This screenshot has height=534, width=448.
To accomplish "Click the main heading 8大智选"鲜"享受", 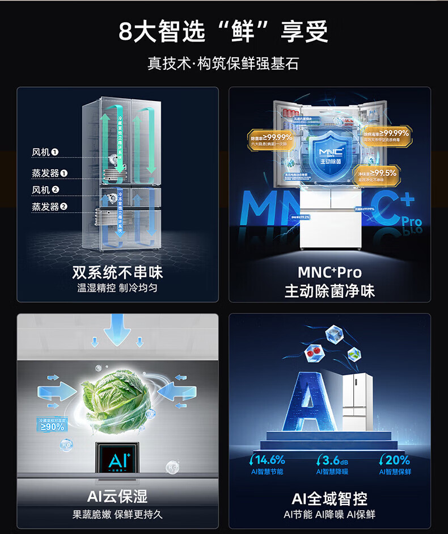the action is coord(223,32).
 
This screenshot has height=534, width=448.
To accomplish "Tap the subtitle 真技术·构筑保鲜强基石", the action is coord(223,63).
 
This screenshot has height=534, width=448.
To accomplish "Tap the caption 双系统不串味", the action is coord(117,272).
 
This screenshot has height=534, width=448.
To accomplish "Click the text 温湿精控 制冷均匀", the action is coord(117,288).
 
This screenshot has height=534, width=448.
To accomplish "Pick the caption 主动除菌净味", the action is coord(329,291).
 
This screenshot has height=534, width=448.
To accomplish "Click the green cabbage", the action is coord(113,398).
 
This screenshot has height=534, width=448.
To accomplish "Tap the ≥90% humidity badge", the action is coord(52,424).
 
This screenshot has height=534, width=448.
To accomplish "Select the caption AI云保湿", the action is coord(117,497).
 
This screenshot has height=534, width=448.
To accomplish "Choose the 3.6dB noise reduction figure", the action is coord(332,460).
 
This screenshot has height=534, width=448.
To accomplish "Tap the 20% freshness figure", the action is coord(395,460).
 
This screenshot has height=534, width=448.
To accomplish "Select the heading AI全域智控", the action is coord(329,499).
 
